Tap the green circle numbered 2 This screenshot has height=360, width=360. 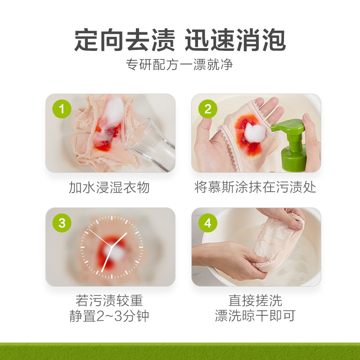pyautogui.click(x=208, y=109)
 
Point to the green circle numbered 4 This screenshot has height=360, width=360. pyautogui.click(x=208, y=223)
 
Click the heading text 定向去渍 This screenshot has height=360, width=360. pyautogui.click(x=124, y=41)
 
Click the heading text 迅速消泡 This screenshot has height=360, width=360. pyautogui.click(x=235, y=41)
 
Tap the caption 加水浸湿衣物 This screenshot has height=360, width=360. pyautogui.click(x=109, y=187)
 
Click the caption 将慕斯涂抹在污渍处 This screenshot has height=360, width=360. pyautogui.click(x=256, y=187)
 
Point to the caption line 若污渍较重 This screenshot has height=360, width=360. pyautogui.click(x=109, y=301)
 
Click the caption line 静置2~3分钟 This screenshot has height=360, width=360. pyautogui.click(x=109, y=316)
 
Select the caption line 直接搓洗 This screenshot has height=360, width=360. pyautogui.click(x=256, y=301)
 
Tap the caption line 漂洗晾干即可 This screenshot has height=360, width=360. pyautogui.click(x=256, y=316)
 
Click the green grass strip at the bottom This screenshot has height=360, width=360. pyautogui.click(x=180, y=351)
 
